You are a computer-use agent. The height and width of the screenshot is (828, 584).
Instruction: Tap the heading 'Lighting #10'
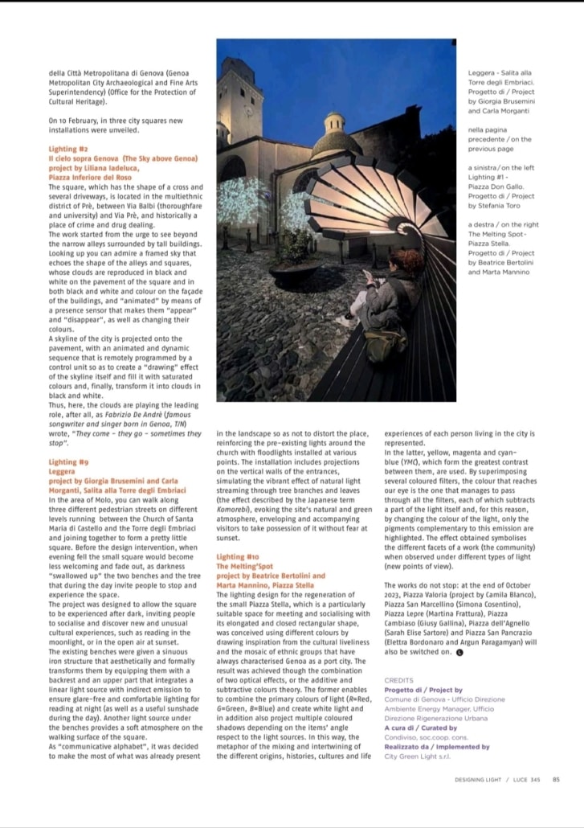click(237, 555)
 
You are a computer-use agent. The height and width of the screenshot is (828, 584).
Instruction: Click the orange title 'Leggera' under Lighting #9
click(62, 472)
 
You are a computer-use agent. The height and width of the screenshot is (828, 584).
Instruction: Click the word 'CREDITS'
click(398, 680)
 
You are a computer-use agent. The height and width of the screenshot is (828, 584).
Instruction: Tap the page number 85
click(556, 777)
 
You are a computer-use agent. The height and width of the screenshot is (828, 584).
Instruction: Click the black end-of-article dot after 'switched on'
click(459, 652)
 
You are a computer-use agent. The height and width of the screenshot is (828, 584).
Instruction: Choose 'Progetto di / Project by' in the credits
click(423, 690)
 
